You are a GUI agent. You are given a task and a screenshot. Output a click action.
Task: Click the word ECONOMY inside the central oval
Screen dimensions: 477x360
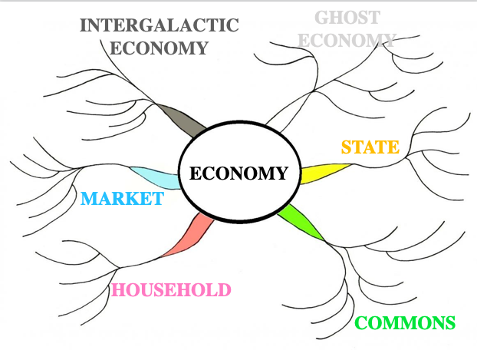[238, 173]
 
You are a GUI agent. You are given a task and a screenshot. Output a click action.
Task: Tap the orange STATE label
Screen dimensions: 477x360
[370, 147]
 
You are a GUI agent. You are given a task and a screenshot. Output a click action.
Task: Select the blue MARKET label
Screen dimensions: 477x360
[122, 200]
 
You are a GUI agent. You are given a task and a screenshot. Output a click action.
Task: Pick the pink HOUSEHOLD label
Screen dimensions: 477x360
[171, 289]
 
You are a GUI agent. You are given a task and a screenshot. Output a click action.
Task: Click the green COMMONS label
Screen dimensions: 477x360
[406, 322]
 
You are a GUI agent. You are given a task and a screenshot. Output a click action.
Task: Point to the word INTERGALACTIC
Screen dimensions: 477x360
[159, 25]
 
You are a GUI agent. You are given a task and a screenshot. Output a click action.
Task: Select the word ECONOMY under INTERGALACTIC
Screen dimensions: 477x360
[159, 48]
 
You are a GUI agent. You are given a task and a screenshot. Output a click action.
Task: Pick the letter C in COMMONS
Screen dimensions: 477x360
[363, 323]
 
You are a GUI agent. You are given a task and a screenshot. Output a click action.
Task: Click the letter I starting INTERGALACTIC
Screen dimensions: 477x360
[83, 25]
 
